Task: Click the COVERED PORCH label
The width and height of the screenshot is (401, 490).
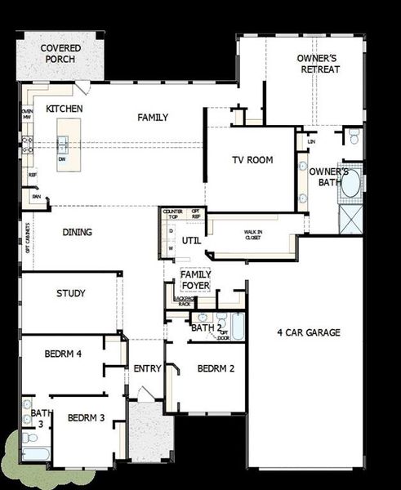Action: (60, 54)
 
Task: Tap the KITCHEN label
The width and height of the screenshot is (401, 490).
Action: (64, 109)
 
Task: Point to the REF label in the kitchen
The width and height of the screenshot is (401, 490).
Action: (33, 175)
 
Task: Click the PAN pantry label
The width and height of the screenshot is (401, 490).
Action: (36, 196)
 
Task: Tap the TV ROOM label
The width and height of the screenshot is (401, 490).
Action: (251, 160)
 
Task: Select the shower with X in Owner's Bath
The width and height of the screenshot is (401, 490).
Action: (349, 218)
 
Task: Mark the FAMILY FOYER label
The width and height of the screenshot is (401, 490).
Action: (195, 280)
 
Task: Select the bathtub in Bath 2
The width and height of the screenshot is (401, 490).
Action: (236, 327)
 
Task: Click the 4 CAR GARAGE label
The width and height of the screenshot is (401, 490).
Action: (308, 332)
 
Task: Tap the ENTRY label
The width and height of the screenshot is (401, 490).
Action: (147, 368)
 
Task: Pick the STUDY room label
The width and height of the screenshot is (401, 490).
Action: (71, 293)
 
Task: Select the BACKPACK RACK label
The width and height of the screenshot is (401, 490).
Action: (183, 301)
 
